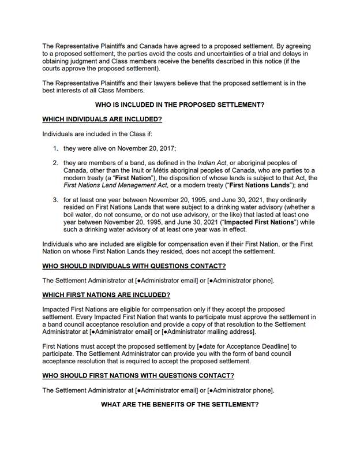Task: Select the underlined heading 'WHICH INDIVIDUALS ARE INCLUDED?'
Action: tap(102, 119)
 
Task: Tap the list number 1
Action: tap(55, 148)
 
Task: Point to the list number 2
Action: tap(55, 163)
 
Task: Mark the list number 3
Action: tap(55, 200)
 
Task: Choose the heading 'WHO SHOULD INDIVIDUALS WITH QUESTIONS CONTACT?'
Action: tap(134, 266)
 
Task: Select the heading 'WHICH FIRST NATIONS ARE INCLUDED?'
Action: tap(106, 294)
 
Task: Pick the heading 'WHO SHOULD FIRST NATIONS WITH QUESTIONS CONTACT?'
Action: tap(138, 375)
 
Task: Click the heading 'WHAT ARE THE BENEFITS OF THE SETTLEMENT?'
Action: tap(180, 404)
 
